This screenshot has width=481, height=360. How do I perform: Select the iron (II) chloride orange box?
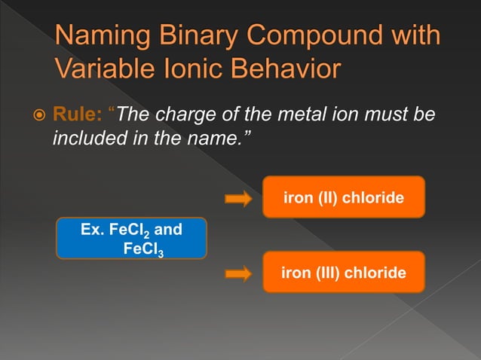pyautogui.click(x=343, y=197)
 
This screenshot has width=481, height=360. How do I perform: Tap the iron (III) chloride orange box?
pyautogui.click(x=343, y=272)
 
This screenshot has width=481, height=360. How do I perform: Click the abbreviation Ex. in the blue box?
pyautogui.click(x=92, y=228)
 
